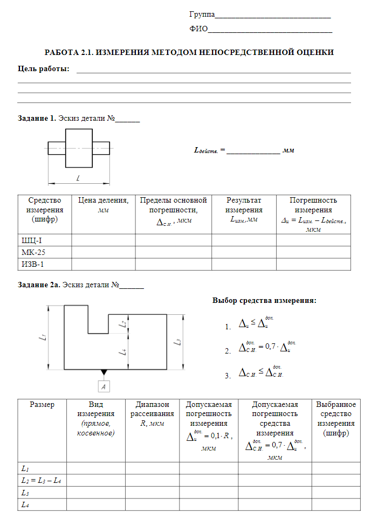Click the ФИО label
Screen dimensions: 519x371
coord(198,29)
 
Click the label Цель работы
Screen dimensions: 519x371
coord(44,69)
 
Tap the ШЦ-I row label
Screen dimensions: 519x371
coord(32,240)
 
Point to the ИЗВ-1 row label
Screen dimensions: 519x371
coord(32,264)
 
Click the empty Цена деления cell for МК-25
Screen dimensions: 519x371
coord(103,252)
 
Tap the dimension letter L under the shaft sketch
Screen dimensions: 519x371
coord(78,177)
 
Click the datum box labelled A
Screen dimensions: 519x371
coord(104,386)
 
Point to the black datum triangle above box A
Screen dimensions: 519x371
coord(104,373)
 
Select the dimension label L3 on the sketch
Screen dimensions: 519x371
coord(177,342)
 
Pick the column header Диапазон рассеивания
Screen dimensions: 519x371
coord(152,409)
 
